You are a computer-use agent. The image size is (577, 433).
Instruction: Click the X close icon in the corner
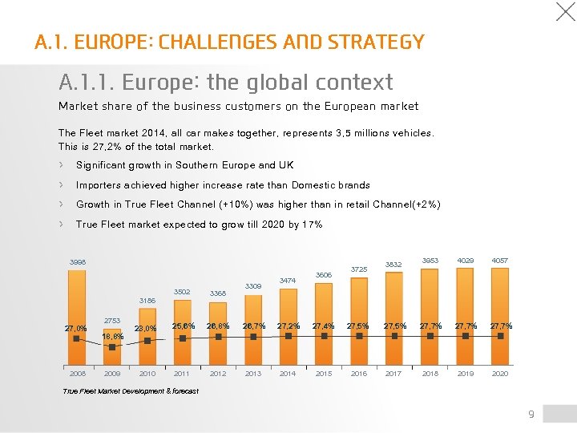pos(566,11)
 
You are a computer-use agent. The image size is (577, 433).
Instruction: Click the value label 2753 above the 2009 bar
pos(112,321)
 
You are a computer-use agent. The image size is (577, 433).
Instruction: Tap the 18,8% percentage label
pos(113,337)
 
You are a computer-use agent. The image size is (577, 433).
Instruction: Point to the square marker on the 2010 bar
pos(147,339)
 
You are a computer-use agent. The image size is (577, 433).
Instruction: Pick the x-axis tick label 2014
pos(288,374)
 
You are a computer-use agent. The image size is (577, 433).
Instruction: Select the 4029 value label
pos(465,261)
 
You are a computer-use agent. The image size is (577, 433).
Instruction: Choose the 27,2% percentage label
pos(288,326)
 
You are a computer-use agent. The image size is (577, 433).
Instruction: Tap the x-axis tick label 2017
pos(393,374)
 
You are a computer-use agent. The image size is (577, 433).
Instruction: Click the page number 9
pos(531,414)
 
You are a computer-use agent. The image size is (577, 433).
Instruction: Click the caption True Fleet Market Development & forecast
pos(130,391)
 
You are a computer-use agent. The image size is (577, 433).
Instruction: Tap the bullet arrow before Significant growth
pos(62,165)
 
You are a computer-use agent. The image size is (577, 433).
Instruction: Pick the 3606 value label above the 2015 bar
pos(324,275)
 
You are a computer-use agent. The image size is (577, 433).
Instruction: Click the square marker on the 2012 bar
pos(218,337)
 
